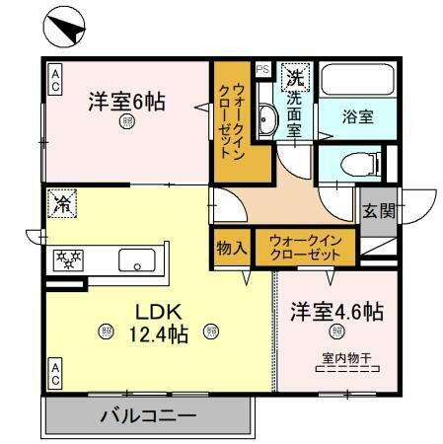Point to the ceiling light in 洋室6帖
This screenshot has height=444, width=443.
click(127, 122)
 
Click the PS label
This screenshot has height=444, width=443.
click(262, 69)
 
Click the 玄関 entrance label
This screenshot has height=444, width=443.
click(377, 209)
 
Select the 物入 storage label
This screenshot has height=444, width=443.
click(232, 248)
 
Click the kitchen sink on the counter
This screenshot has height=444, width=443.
click(135, 260)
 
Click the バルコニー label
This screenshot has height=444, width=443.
click(148, 415)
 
